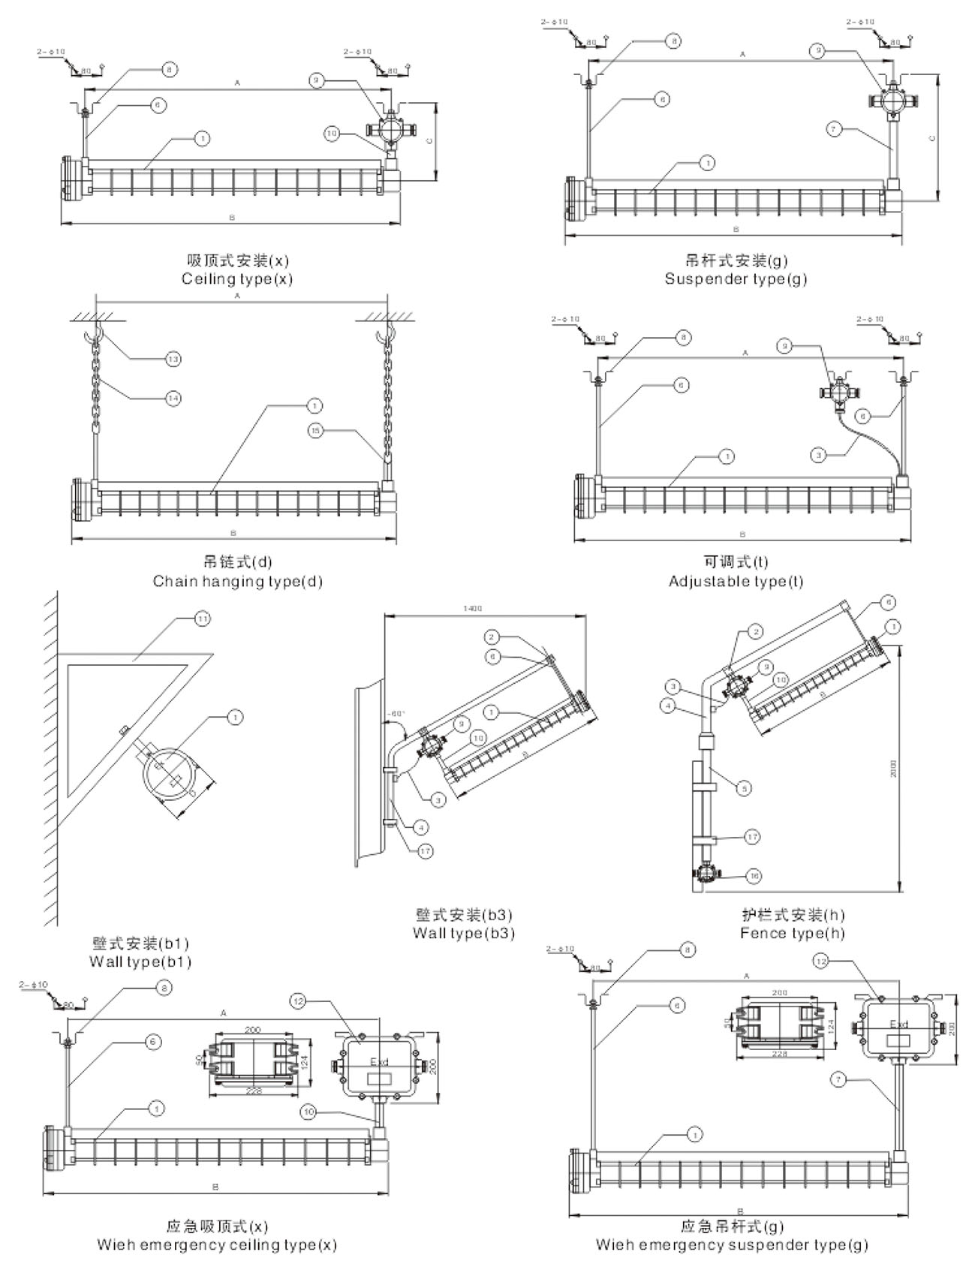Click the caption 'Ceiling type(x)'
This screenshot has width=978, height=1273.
click(236, 279)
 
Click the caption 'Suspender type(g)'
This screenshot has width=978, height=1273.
click(736, 279)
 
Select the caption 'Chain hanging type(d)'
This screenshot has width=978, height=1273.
click(237, 582)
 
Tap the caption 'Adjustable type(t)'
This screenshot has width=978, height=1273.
click(736, 582)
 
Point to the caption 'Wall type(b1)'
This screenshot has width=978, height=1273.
click(140, 962)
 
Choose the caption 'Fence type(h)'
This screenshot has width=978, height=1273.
click(792, 934)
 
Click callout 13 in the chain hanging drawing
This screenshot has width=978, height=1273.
click(173, 360)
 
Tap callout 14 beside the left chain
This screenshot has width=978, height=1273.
click(173, 398)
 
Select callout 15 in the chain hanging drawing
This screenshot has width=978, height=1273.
click(317, 431)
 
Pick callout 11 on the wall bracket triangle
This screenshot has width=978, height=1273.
click(202, 619)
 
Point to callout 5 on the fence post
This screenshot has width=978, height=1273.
click(744, 788)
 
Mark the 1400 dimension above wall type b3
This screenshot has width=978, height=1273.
click(473, 609)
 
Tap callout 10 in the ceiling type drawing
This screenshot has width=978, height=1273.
click(332, 134)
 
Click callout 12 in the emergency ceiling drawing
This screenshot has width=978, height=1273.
click(299, 1003)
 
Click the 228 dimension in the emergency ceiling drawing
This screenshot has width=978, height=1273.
click(254, 1091)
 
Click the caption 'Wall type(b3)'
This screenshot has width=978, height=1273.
click(463, 934)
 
